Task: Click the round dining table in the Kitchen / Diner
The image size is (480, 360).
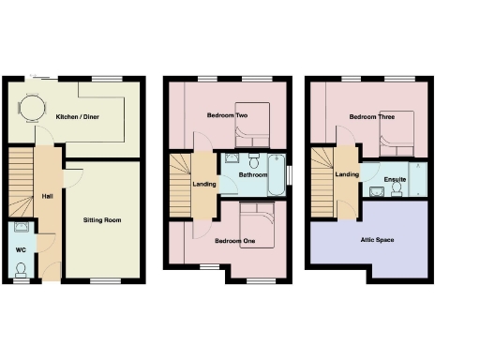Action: tap(32, 110)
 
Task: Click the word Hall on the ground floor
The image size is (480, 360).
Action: tap(46, 196)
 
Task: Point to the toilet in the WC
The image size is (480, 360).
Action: tap(21, 269)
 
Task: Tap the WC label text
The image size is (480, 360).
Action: tap(21, 249)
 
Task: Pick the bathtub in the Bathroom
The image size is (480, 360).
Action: tap(277, 175)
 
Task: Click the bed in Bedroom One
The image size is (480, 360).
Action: tap(255, 227)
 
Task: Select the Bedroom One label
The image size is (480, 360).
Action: tap(234, 241)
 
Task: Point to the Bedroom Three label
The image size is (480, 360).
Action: tap(370, 116)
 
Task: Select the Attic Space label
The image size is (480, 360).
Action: tap(378, 240)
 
